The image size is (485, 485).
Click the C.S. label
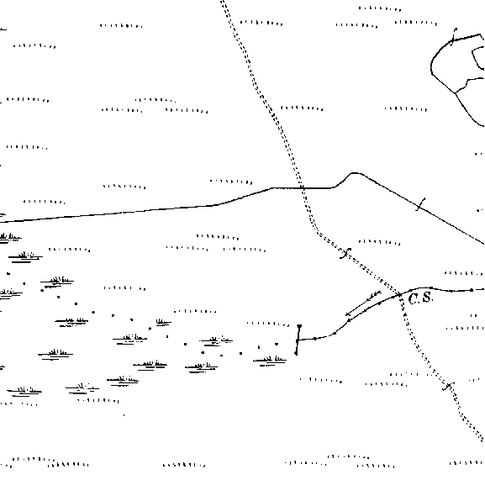420,298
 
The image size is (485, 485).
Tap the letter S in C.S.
426,298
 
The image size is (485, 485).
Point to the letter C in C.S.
414,298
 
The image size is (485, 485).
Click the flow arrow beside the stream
363,303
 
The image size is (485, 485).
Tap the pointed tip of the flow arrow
346,315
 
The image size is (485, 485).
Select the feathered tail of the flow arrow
376,294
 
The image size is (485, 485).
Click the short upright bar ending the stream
298,340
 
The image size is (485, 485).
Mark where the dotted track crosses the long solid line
303,187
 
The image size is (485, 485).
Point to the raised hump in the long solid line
354,174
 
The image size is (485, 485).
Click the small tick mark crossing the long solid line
420,204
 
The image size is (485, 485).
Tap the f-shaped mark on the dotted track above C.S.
345,253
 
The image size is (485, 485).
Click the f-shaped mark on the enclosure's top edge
453,37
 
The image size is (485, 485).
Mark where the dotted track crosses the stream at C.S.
400,294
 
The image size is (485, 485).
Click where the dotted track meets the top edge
223,1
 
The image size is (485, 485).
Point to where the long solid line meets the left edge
1,222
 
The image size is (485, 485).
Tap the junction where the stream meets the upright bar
298,340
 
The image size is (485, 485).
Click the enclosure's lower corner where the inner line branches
456,92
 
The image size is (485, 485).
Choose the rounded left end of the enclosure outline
431,66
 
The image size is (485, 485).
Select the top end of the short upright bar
299,326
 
